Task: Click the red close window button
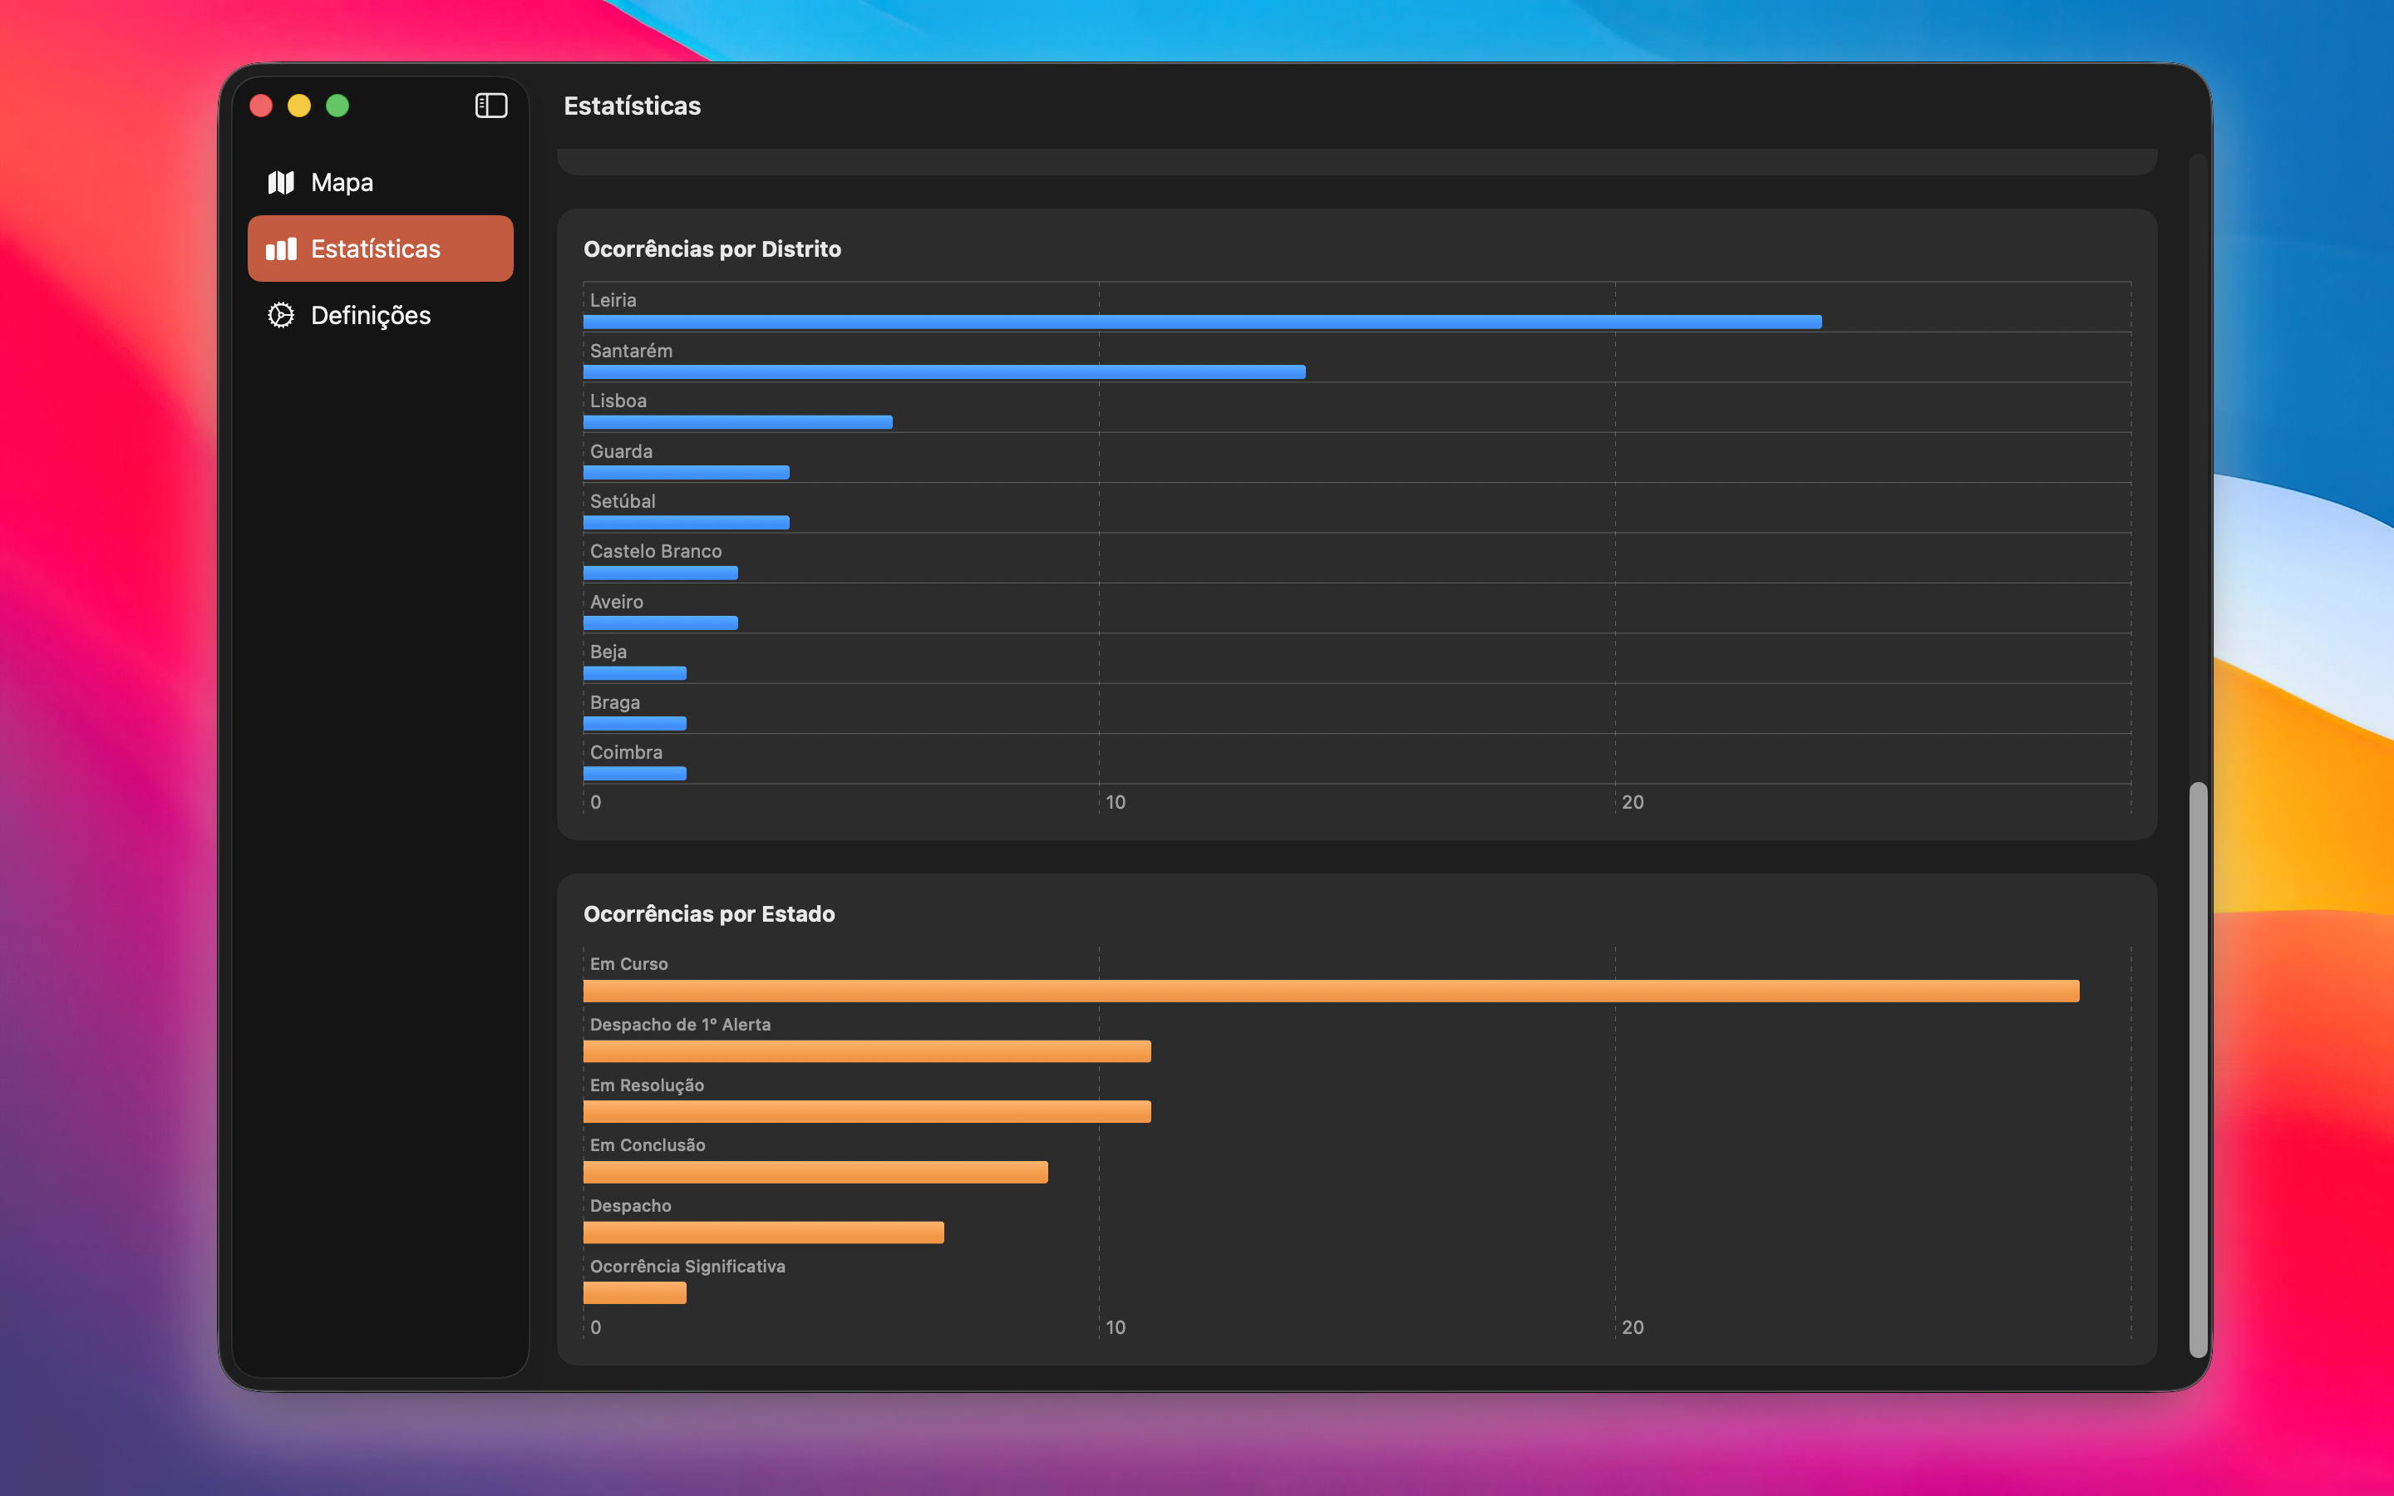261,106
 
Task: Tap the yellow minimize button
298,106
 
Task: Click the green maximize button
337,106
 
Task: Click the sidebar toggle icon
491,106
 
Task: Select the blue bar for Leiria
1202,322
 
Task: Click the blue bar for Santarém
945,372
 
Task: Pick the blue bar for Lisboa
738,422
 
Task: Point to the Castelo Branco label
656,551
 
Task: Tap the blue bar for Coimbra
635,774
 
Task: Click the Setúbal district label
623,502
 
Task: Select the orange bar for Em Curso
1332,992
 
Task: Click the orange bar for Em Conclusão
816,1173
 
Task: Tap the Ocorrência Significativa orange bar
635,1293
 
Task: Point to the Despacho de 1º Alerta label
681,1025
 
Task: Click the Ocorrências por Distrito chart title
712,249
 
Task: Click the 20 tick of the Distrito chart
1633,802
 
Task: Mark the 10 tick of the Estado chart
1116,1328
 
